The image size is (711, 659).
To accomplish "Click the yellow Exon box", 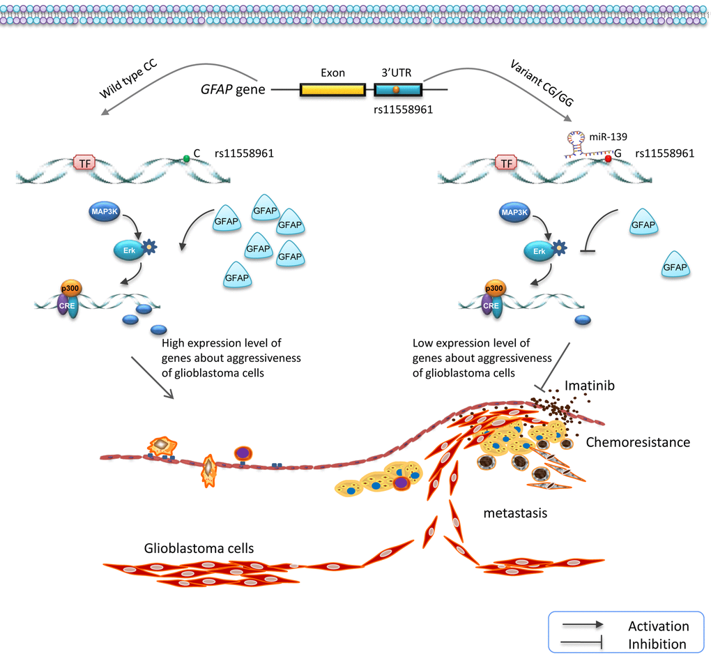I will pos(332,90).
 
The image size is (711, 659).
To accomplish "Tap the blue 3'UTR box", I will pos(397,90).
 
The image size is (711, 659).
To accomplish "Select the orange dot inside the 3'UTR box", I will pos(397,89).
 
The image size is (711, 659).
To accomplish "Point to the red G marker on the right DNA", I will pos(608,159).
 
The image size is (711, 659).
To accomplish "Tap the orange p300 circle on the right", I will pos(494,289).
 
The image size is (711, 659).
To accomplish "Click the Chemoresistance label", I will pos(638,441).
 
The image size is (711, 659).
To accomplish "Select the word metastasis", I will pos(515,513).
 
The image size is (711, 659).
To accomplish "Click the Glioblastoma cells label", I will pos(199,548).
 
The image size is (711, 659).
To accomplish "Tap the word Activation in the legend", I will pos(658,626).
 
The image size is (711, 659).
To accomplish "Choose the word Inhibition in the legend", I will pos(657,644).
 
